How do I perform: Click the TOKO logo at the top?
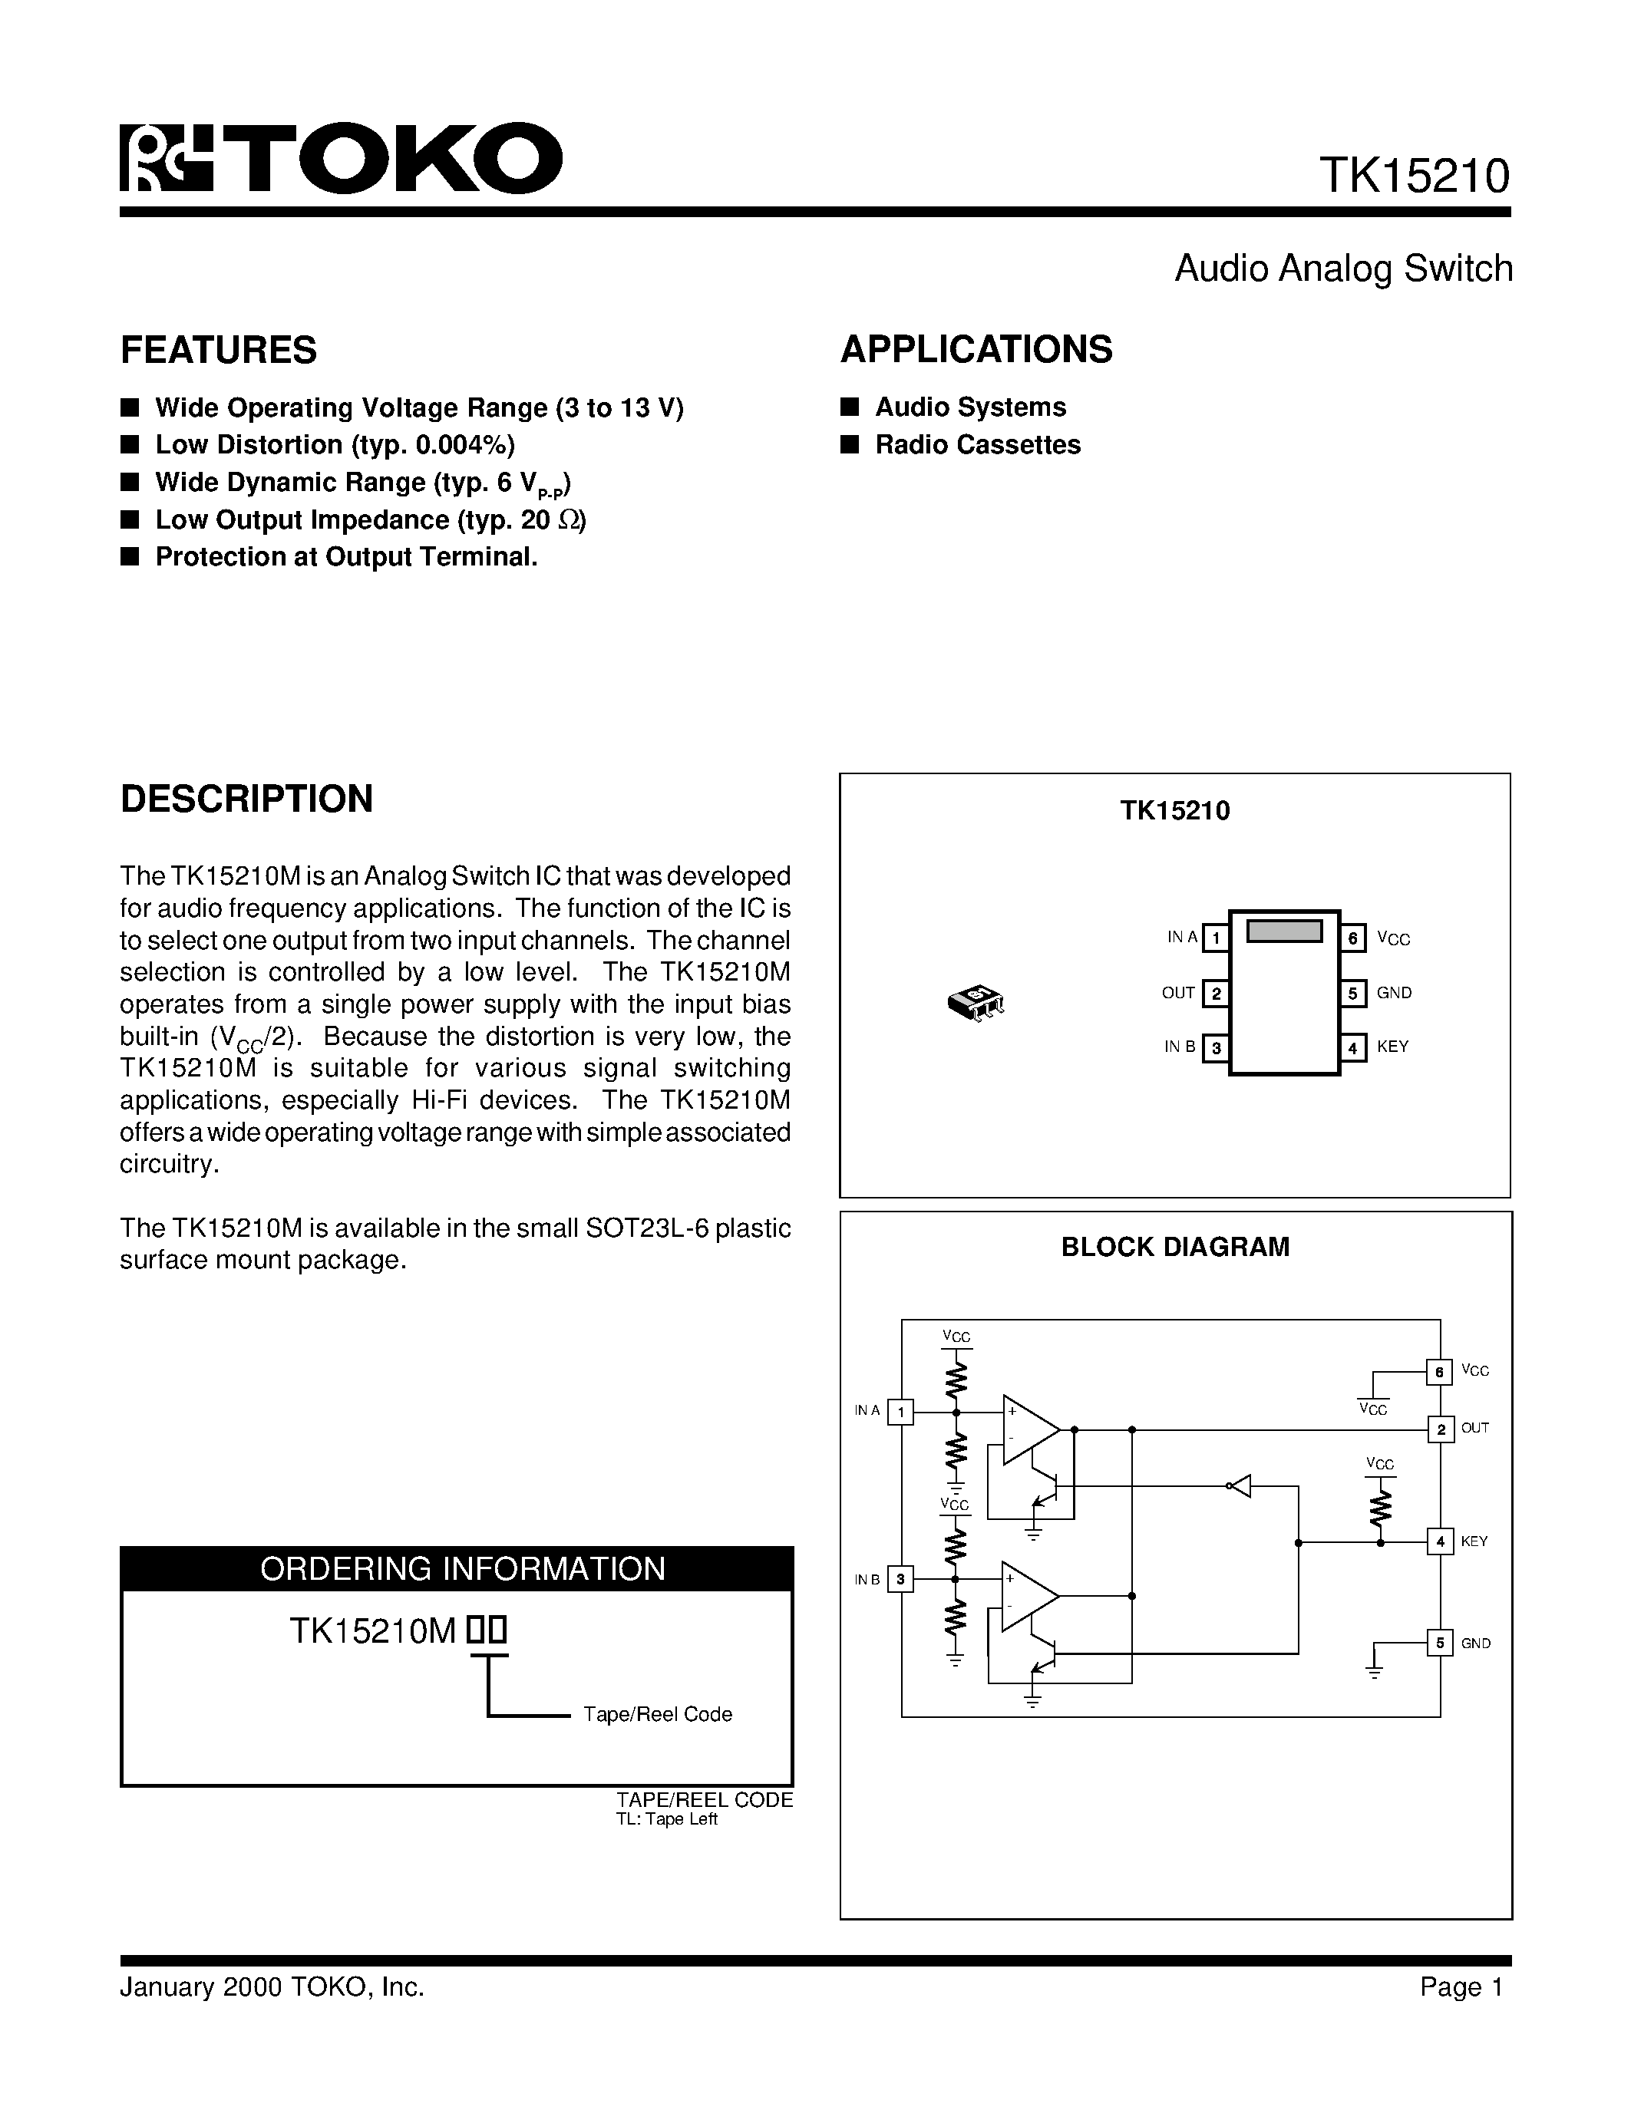340,159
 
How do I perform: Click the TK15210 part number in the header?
1414,176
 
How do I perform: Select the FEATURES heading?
219,350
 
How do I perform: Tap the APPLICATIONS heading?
976,350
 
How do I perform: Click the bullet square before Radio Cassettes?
850,444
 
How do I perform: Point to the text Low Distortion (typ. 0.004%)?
335,444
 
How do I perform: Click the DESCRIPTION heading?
246,799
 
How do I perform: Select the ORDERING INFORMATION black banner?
457,1568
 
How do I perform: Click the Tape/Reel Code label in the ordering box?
657,1714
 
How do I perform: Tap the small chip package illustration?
976,1003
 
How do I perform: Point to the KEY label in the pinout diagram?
1392,1047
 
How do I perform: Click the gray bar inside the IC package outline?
1284,931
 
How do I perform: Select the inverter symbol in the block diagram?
1240,1486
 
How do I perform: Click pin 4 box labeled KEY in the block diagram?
1440,1542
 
